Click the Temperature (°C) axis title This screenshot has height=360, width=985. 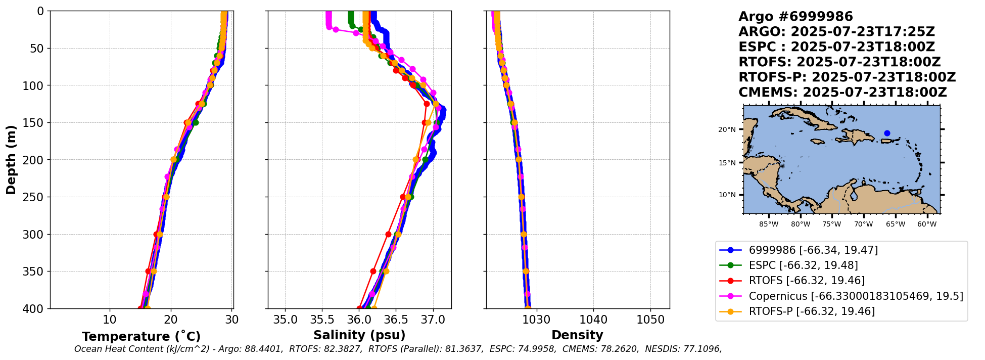141,337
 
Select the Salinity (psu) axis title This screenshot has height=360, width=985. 359,335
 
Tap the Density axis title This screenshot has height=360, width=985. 577,335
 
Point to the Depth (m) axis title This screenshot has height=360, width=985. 11,160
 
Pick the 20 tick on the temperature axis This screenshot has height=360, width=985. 171,320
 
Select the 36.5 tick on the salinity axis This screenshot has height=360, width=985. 396,320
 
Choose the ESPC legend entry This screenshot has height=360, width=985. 803,265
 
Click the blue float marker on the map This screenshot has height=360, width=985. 887,133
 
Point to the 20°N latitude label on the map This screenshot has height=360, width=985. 727,130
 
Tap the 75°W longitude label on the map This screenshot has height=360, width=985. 831,224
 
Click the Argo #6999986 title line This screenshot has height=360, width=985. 795,17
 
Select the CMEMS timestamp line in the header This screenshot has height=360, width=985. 842,93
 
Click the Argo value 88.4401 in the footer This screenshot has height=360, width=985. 266,349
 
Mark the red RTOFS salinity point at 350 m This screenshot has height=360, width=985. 373,272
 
